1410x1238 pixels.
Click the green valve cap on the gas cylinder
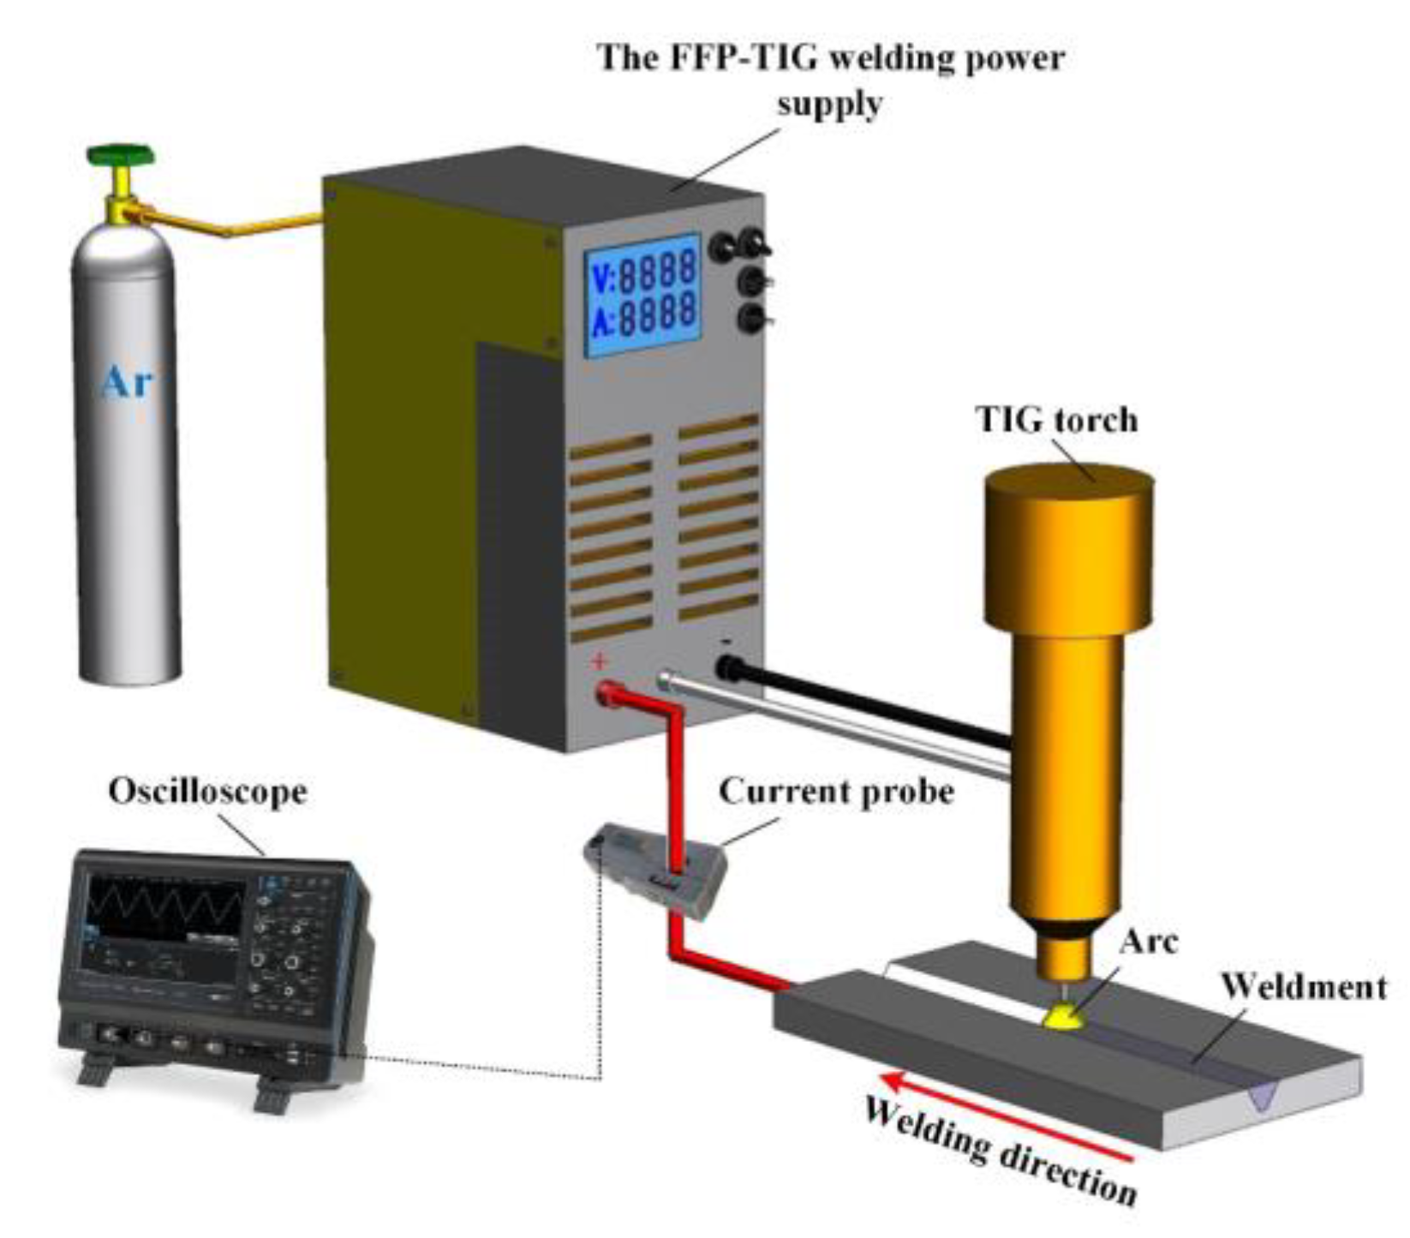(x=121, y=156)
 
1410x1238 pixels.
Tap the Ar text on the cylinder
(x=127, y=381)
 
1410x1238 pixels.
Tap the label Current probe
(x=835, y=791)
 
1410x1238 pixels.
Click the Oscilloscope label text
(x=207, y=791)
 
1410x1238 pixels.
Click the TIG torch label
(x=1056, y=420)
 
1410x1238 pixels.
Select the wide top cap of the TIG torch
(x=1066, y=544)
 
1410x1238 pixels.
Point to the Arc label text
(x=1149, y=941)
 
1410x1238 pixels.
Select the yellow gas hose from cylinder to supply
(x=231, y=225)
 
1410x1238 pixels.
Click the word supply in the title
(x=828, y=105)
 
